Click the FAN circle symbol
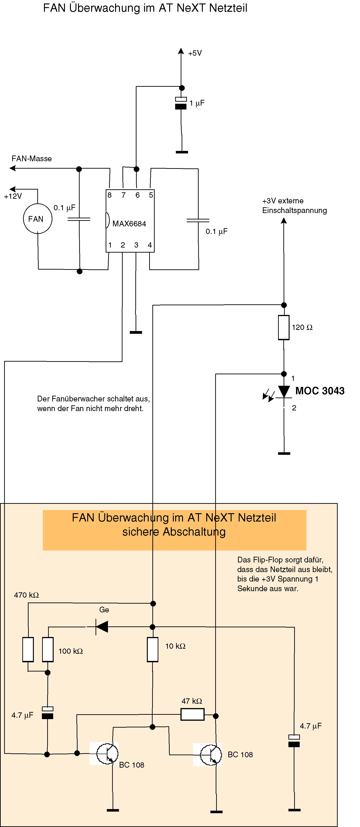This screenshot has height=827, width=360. tap(38, 219)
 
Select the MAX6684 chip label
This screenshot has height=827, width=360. tap(129, 224)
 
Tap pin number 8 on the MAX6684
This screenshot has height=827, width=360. tap(110, 195)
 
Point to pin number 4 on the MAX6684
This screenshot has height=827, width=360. tap(150, 245)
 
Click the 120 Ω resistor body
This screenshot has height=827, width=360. tap(284, 327)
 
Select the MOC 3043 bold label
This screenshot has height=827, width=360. tap(320, 391)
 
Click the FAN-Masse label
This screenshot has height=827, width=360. tap(32, 158)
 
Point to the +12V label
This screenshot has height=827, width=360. tap(13, 196)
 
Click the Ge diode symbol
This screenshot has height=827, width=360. tap(102, 627)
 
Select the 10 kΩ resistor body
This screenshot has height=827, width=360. tap(153, 649)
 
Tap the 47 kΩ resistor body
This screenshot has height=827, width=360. tap(192, 715)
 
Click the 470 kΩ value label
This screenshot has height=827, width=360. tap(26, 595)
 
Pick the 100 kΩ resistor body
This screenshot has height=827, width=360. tap(48, 649)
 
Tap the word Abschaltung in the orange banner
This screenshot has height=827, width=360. tap(194, 532)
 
